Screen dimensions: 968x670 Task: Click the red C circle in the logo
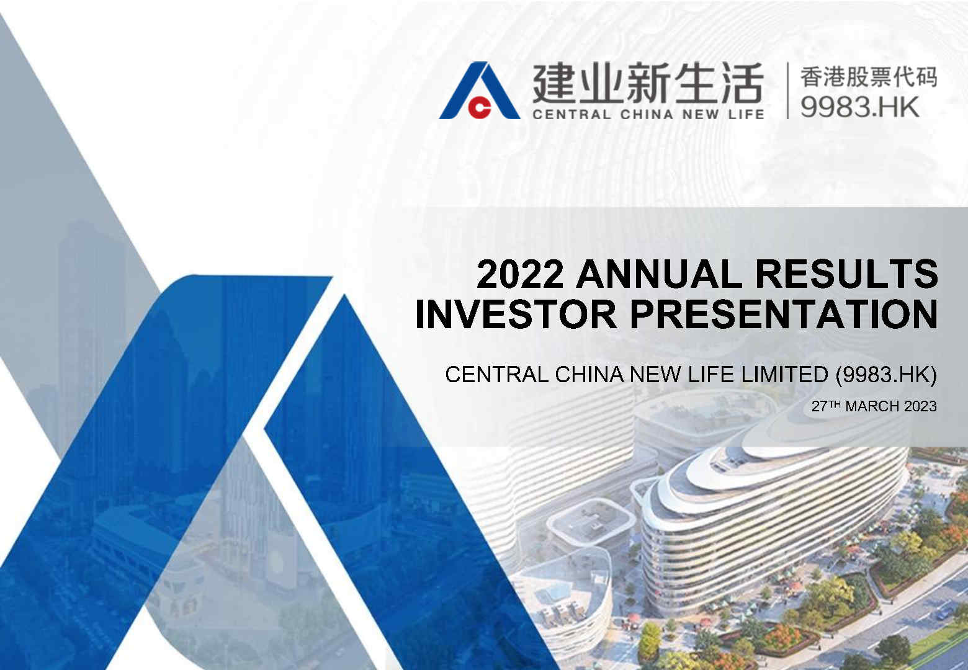point(480,107)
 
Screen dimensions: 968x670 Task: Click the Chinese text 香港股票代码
point(869,77)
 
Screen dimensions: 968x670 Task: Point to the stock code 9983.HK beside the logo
point(859,107)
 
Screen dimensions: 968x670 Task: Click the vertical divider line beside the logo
point(788,91)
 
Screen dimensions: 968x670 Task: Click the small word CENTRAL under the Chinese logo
point(571,115)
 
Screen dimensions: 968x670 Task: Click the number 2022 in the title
point(520,274)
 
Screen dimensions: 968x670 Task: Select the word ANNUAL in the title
point(660,274)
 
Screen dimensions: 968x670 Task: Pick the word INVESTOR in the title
point(516,314)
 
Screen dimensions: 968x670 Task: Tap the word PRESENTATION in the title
point(784,314)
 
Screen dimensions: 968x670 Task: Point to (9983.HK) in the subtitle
point(886,375)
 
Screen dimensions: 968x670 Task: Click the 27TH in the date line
point(826,406)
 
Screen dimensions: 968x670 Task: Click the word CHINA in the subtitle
point(589,374)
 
